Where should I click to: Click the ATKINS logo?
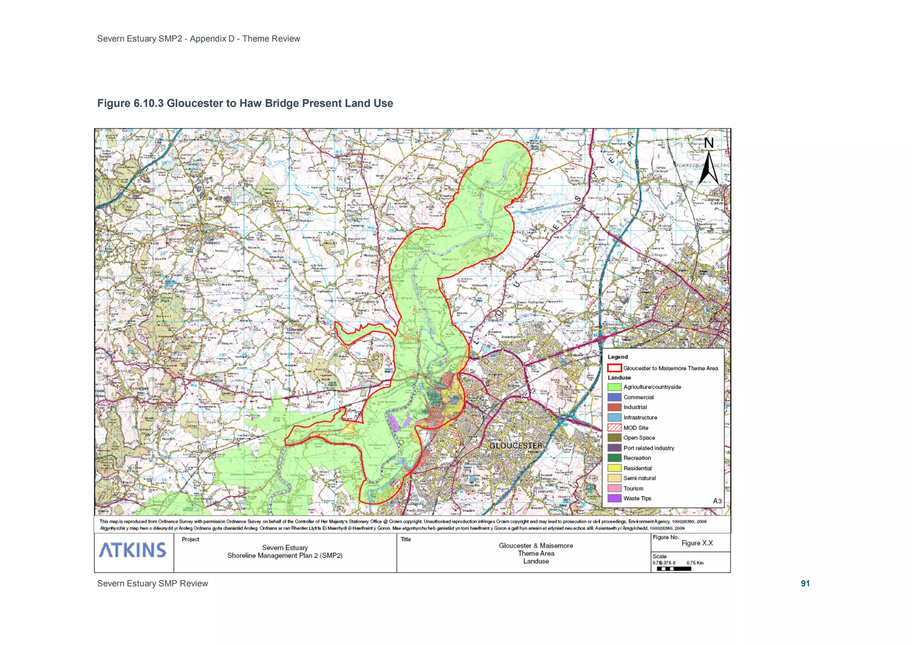133,550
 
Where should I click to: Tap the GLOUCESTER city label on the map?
516,445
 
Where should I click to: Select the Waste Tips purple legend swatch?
614,498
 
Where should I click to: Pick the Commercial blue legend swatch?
614,397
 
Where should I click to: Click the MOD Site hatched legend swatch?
614,428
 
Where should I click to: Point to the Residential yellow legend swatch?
614,468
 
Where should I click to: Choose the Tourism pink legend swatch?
614,488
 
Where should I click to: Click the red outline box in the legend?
614,368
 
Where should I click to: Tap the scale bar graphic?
674,569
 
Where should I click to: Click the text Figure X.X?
697,543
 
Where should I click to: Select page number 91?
805,584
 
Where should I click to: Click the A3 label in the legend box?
717,501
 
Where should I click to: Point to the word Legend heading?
618,357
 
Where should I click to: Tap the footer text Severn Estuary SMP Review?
152,584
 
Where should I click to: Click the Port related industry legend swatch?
614,448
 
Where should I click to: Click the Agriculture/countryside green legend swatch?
614,387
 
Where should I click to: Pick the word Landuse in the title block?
536,561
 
